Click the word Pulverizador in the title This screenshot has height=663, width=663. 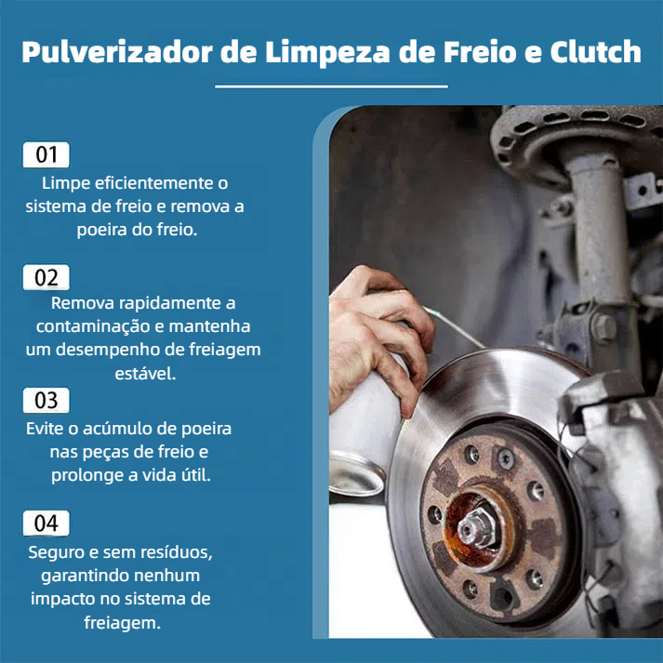[117, 52]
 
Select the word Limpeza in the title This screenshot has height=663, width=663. [327, 52]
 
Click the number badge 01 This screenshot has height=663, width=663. [46, 154]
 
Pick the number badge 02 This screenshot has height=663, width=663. [46, 277]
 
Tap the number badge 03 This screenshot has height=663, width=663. [46, 400]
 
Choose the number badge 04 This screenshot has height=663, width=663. [46, 523]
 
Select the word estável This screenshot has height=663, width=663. [145, 374]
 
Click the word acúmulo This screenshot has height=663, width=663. [126, 429]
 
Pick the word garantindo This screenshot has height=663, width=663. [84, 576]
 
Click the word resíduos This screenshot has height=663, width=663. [177, 552]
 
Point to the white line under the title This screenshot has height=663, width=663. [331, 86]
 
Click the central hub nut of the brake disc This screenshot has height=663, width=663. [475, 525]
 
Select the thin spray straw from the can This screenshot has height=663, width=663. [455, 327]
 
